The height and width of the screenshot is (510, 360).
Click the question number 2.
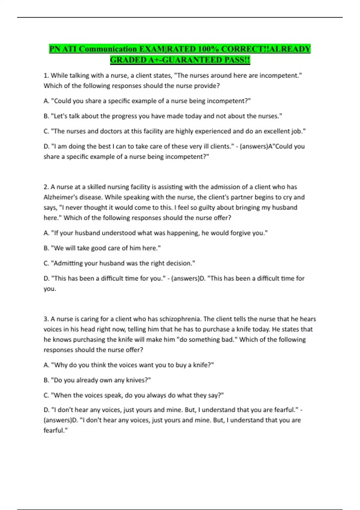46,187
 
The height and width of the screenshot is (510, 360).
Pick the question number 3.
46,319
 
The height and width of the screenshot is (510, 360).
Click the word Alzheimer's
61,197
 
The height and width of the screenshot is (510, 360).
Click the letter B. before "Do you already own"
46,380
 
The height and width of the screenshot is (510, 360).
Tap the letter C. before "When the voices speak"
46,395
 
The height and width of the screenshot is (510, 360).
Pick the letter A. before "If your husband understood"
46,233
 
